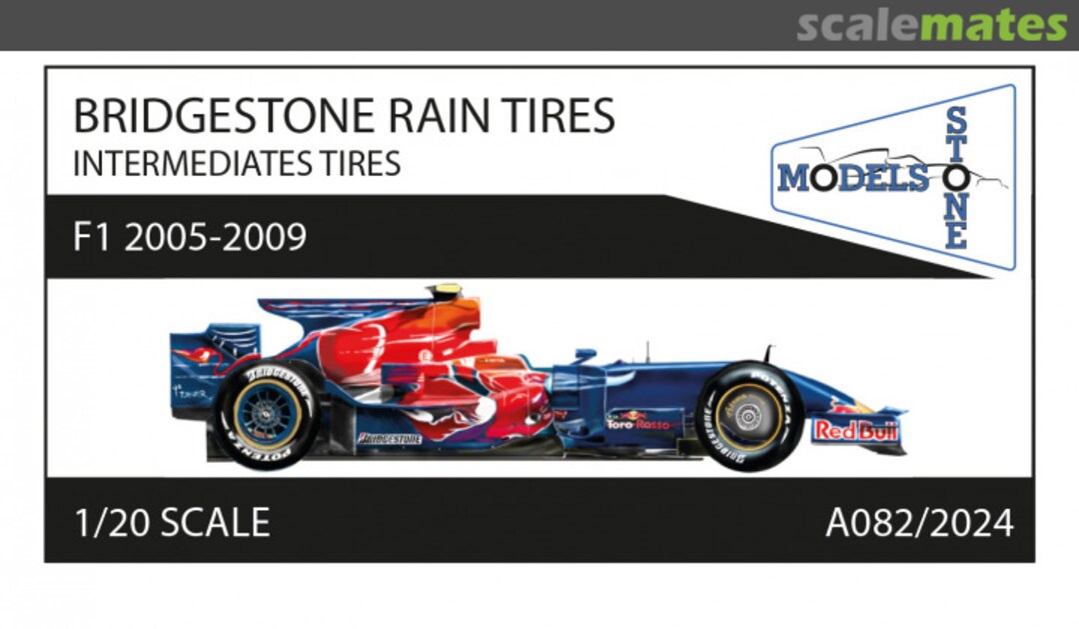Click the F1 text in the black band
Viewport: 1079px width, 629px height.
(x=91, y=238)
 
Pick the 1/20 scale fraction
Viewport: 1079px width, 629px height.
(x=104, y=522)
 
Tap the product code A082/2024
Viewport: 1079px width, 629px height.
(x=919, y=522)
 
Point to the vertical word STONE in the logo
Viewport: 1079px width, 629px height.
(x=956, y=178)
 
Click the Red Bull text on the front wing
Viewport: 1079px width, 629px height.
(x=855, y=430)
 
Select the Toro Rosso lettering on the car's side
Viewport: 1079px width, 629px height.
(x=639, y=423)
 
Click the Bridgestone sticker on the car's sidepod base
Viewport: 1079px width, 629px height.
(x=390, y=438)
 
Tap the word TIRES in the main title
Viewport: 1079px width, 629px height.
(x=561, y=118)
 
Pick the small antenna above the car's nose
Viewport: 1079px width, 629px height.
(x=767, y=352)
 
